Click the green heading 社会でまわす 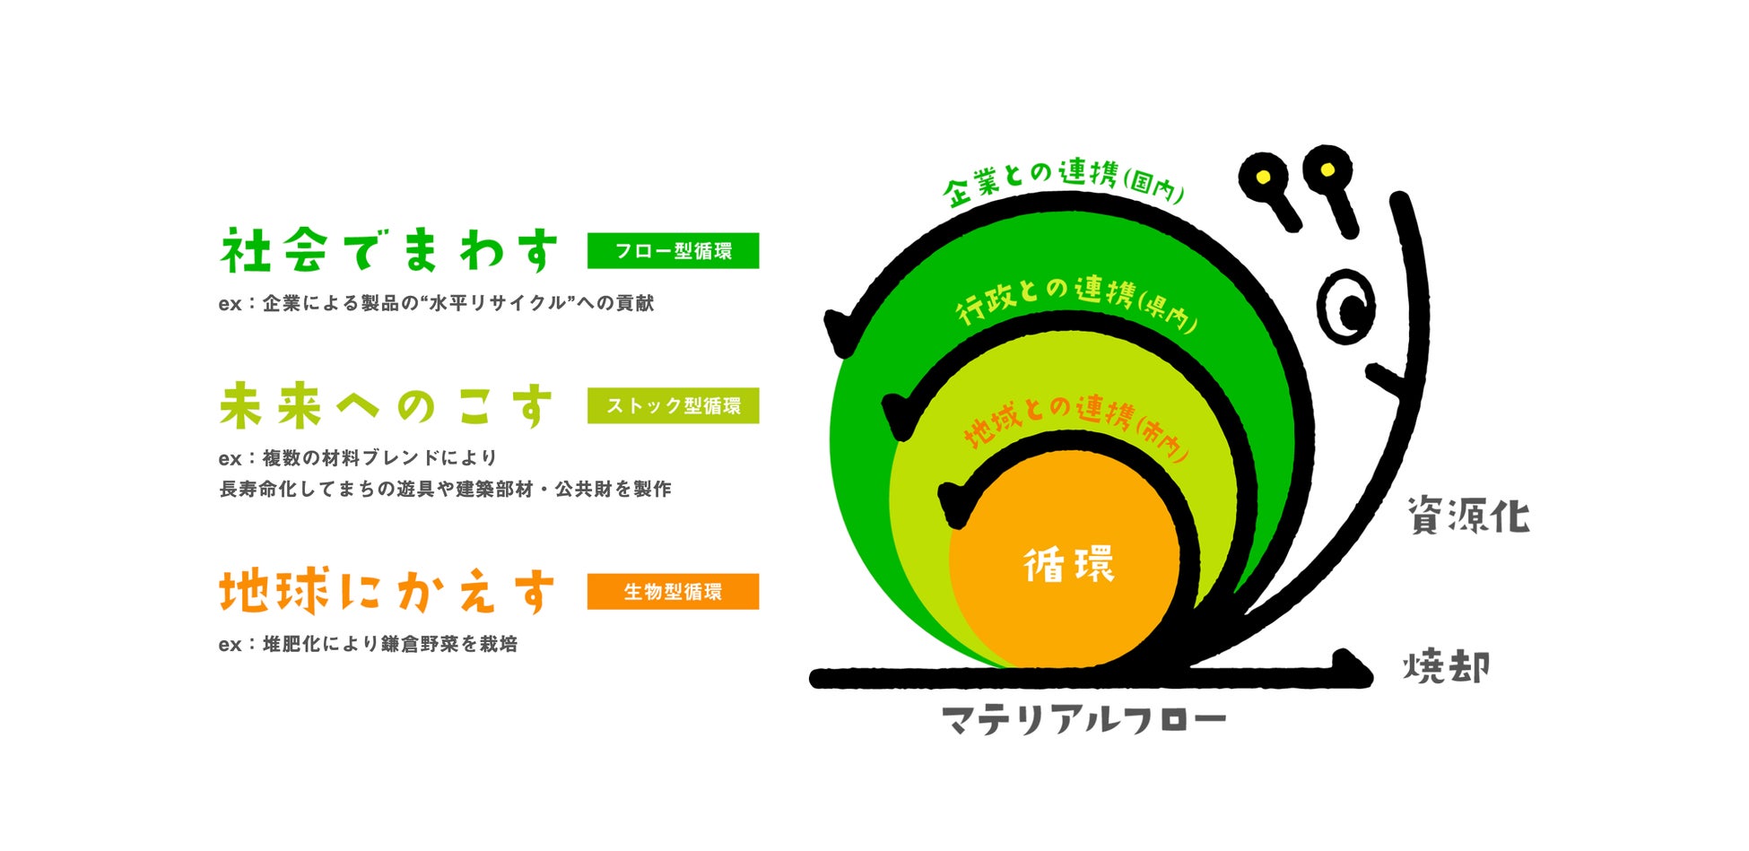tap(389, 251)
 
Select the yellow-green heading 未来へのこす tap(387, 406)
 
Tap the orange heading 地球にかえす tap(387, 592)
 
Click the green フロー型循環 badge tap(673, 251)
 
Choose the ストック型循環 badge tap(673, 406)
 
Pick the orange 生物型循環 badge tap(673, 592)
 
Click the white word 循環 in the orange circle tap(1069, 565)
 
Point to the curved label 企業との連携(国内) tap(1064, 178)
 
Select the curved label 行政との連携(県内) tap(1076, 300)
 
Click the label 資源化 tap(1468, 516)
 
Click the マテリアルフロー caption tap(1083, 720)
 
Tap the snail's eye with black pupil tap(1345, 307)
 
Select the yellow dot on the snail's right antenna tap(1327, 169)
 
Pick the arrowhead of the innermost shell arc tap(953, 504)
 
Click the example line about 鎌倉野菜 tap(368, 644)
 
